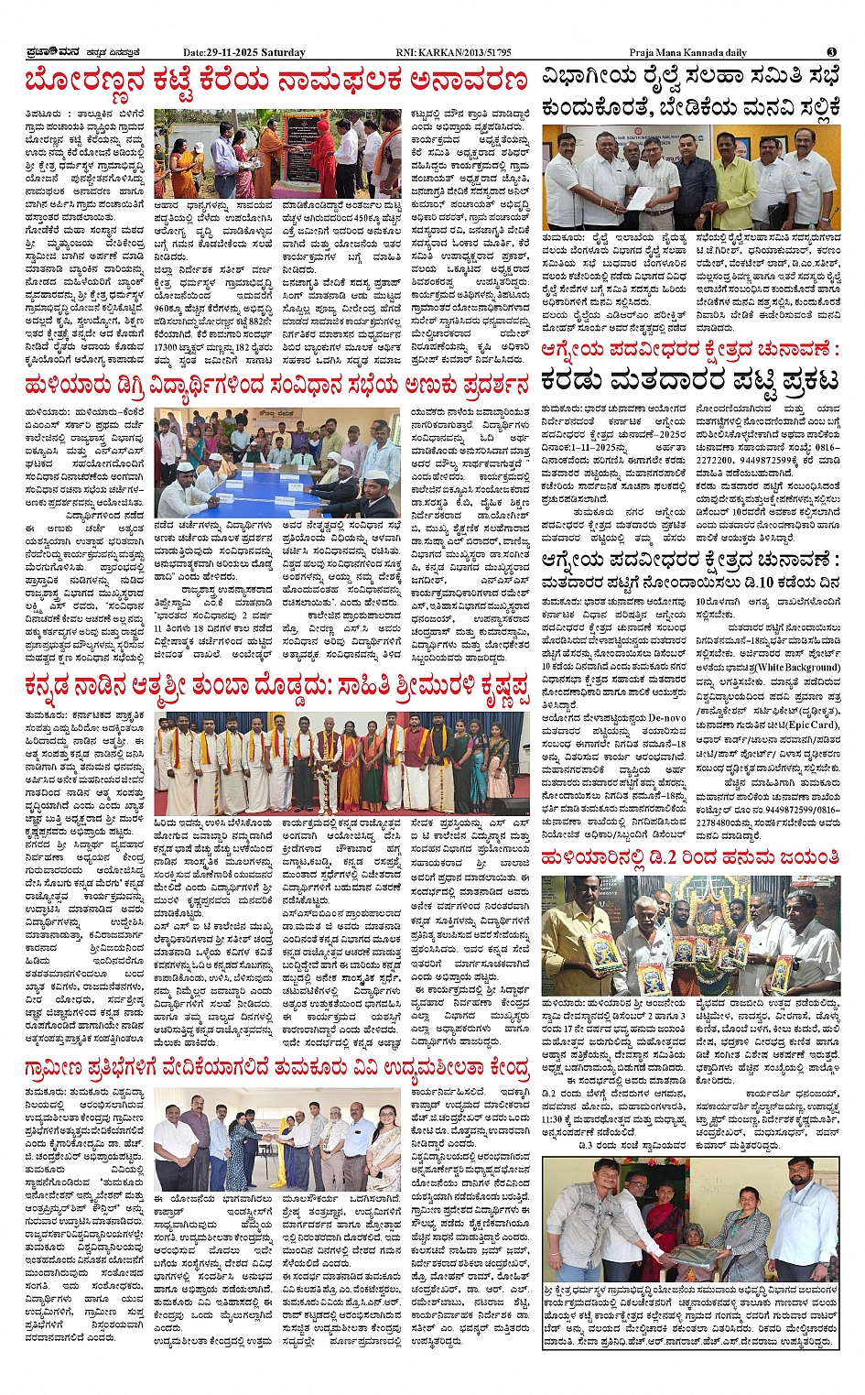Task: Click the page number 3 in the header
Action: click(831, 52)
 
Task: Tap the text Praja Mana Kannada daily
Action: click(687, 53)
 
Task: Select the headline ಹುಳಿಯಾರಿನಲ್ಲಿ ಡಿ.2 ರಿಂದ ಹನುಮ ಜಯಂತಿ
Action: click(690, 857)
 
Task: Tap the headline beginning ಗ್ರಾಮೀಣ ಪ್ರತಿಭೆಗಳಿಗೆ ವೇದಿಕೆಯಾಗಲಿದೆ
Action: click(276, 1069)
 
